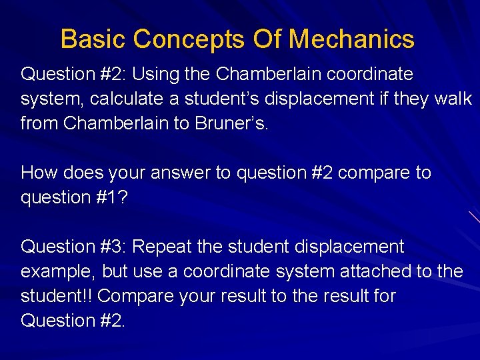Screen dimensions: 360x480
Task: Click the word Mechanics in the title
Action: pyautogui.click(x=351, y=39)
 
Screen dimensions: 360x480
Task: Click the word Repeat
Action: pyautogui.click(x=167, y=247)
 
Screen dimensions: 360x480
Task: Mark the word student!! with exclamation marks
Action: pyautogui.click(x=57, y=296)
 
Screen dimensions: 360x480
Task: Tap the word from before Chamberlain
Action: pyautogui.click(x=39, y=123)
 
